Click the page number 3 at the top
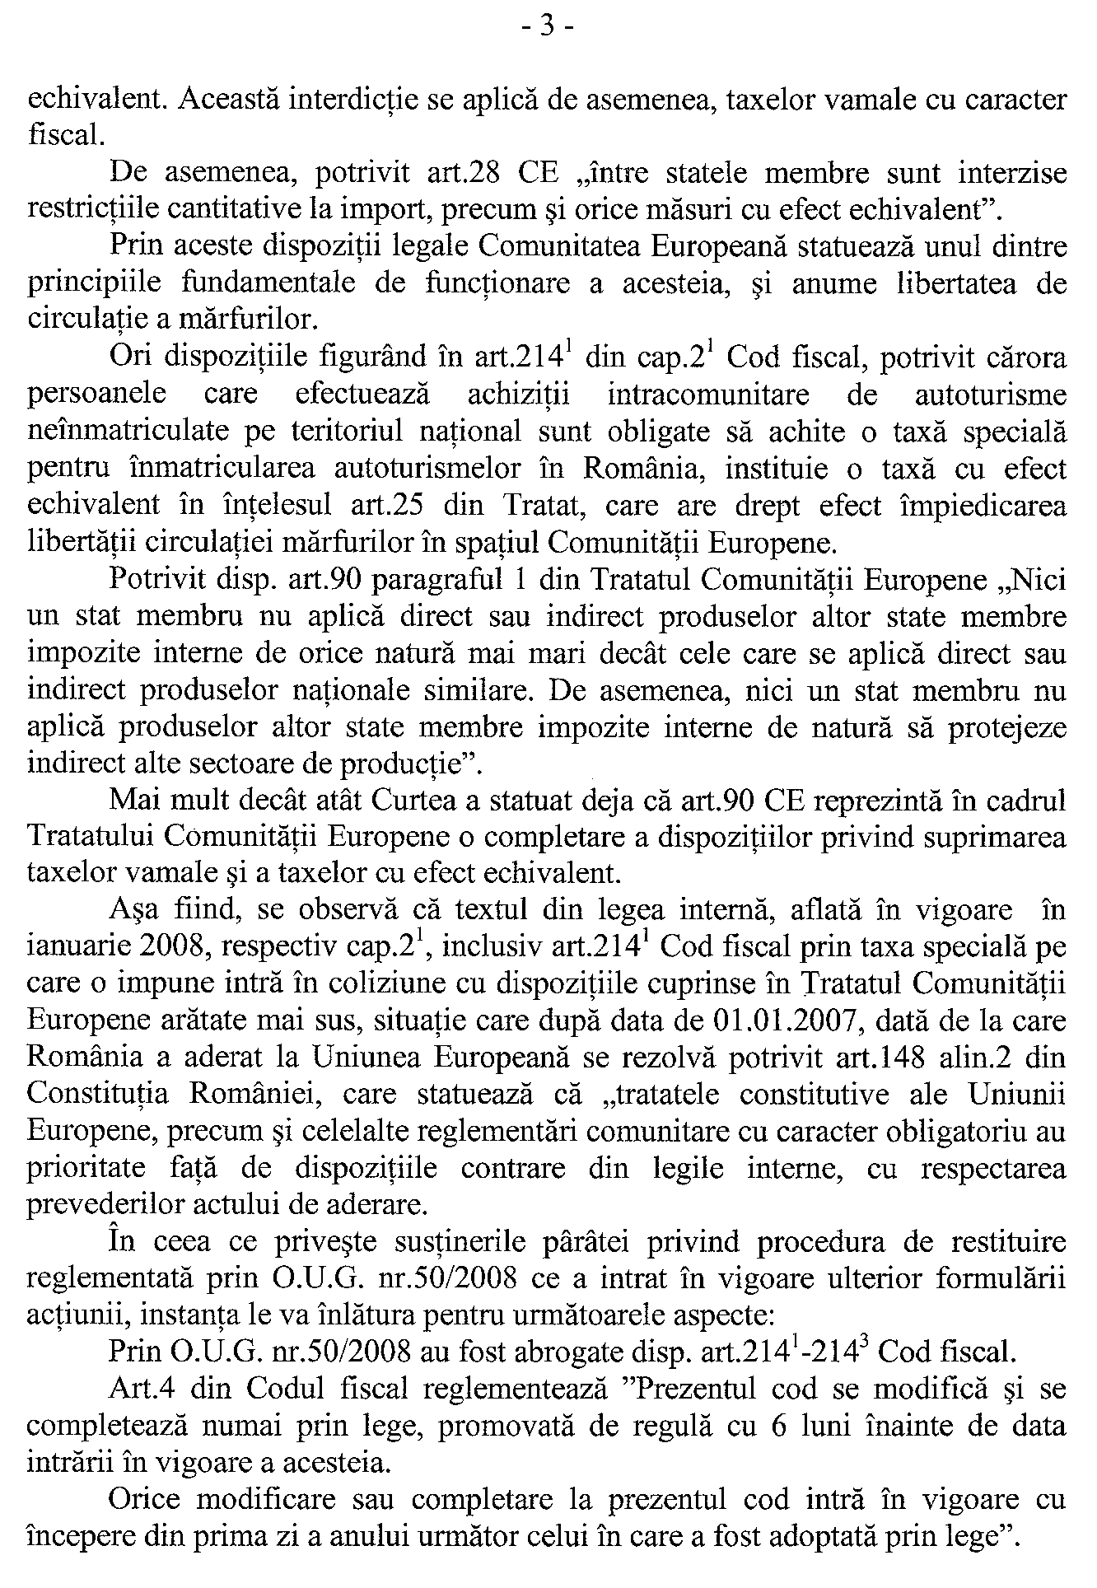click(548, 27)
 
